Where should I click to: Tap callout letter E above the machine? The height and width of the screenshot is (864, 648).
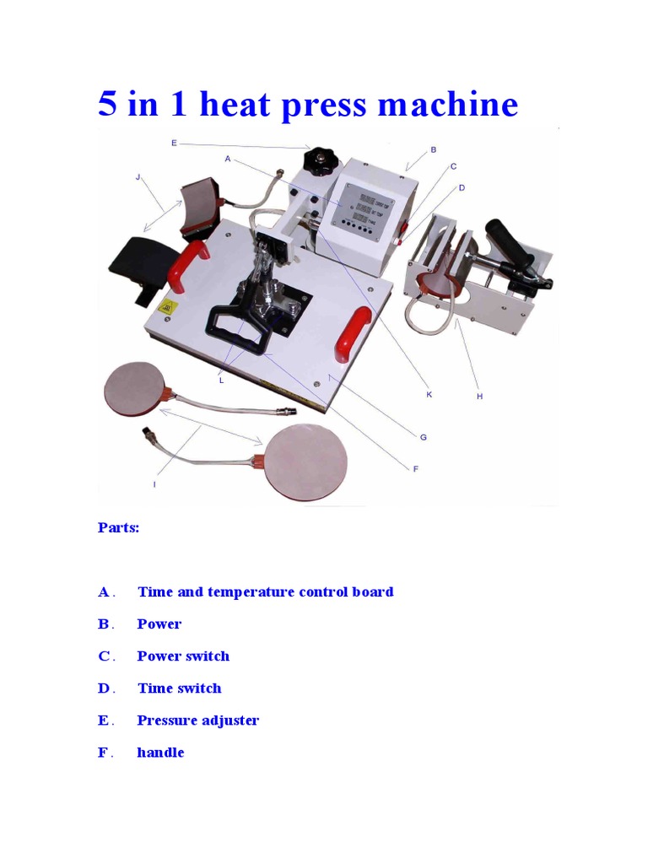(174, 143)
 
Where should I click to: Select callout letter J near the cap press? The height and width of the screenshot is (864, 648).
(138, 177)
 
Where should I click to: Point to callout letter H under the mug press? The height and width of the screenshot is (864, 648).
(479, 396)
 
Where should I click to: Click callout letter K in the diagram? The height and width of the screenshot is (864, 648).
(429, 394)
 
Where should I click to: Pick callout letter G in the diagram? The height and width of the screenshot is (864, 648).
(423, 436)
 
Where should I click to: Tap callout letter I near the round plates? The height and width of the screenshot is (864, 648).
(154, 484)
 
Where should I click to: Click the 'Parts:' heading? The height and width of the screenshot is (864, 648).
(118, 528)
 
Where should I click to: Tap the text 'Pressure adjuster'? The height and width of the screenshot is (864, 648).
(197, 721)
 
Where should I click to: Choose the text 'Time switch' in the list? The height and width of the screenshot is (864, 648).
(179, 688)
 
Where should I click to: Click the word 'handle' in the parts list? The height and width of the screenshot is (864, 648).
(160, 753)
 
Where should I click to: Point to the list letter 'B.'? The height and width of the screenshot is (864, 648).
(105, 624)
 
